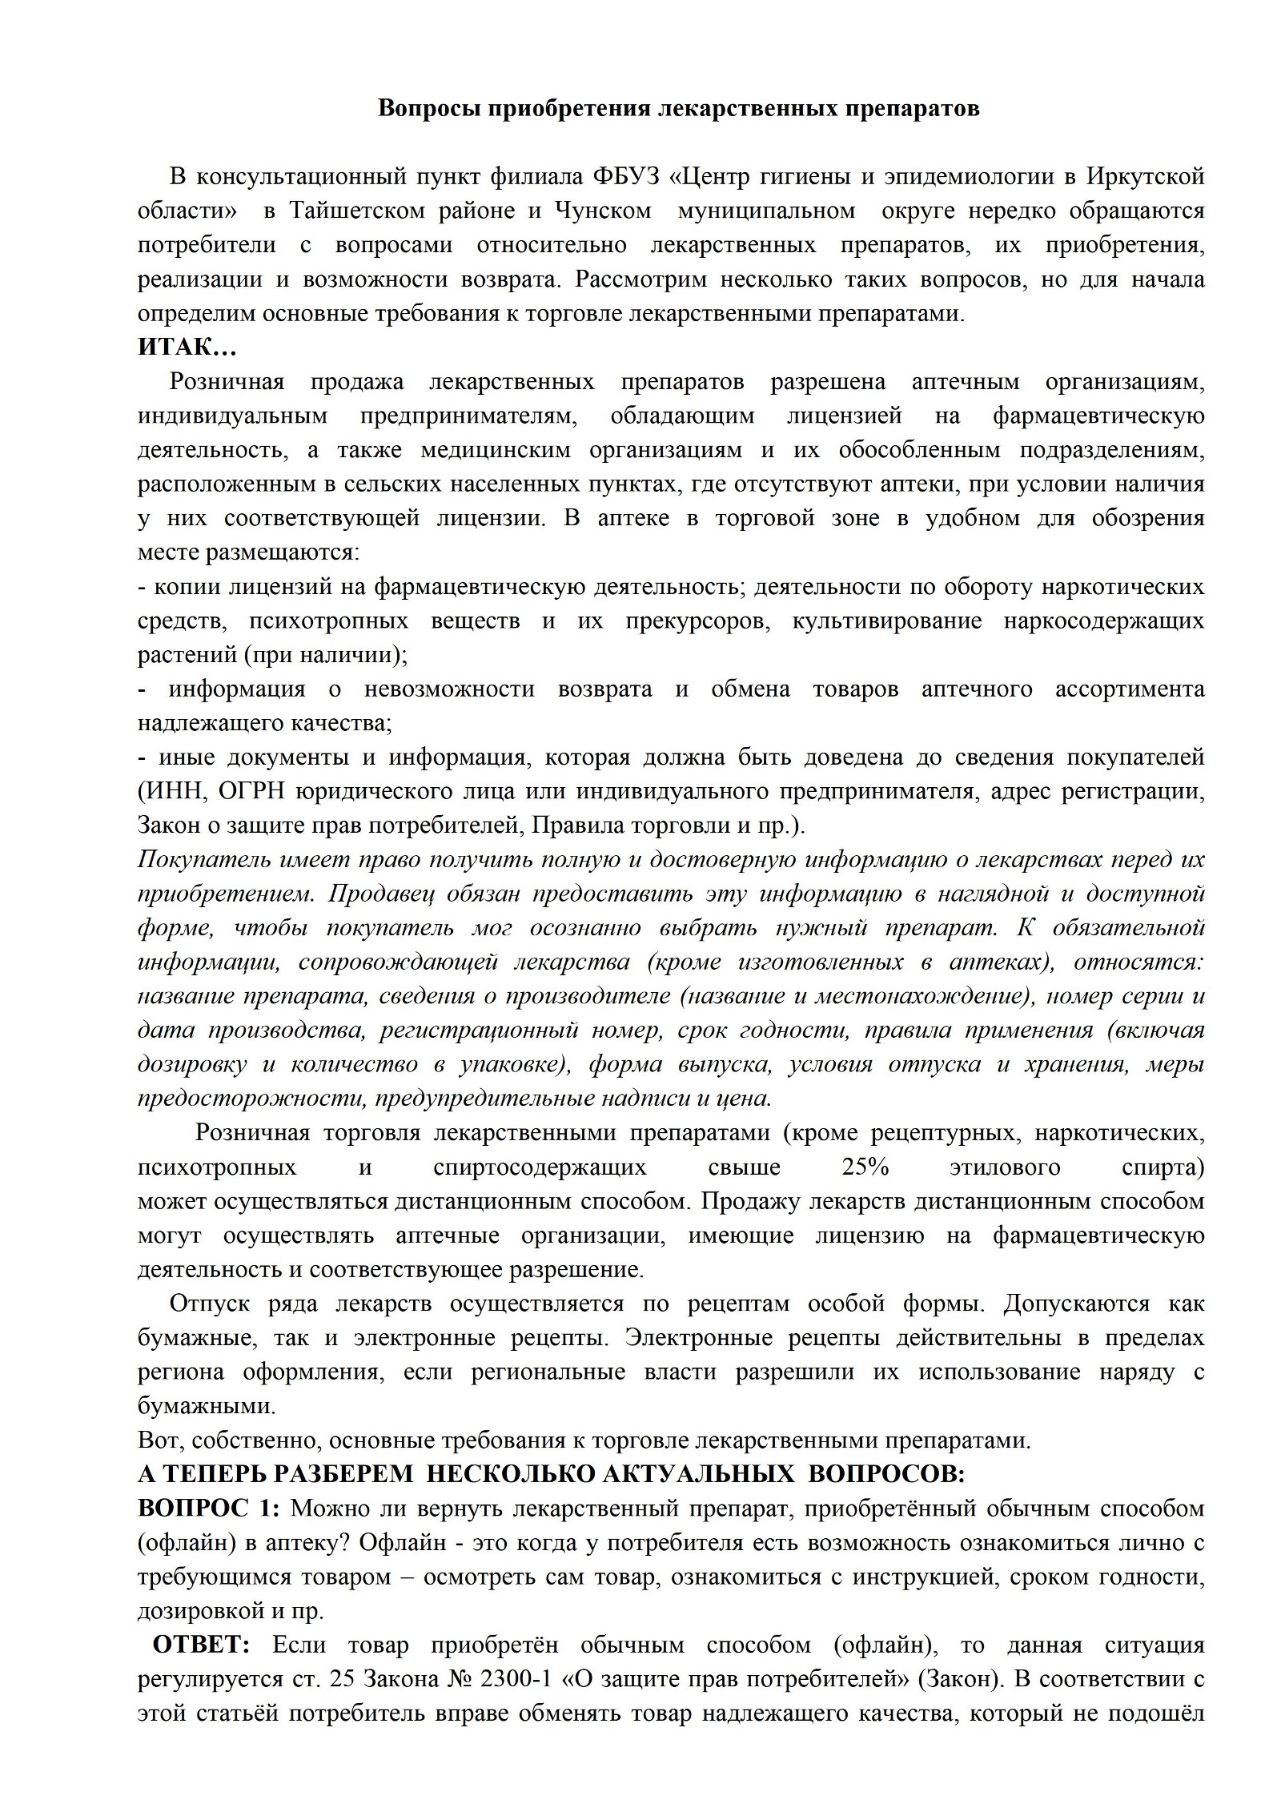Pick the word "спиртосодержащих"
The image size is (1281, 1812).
(540, 1167)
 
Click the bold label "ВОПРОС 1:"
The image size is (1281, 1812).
(209, 1509)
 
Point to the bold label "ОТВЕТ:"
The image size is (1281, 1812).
(202, 1645)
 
